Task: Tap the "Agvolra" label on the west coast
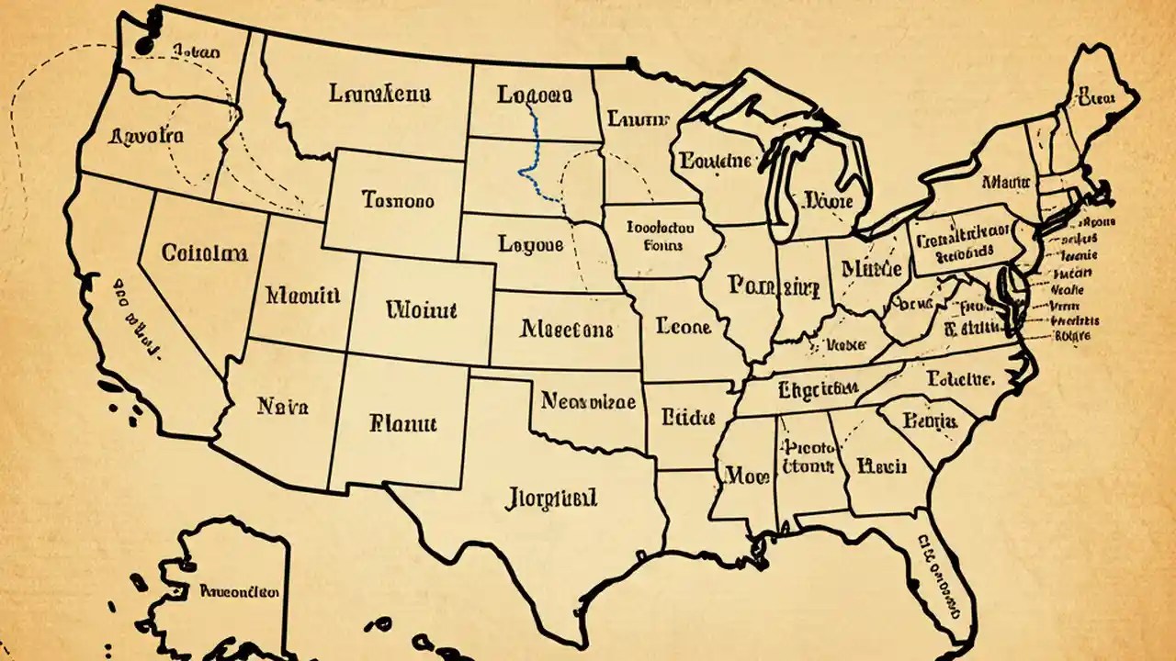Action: point(146,136)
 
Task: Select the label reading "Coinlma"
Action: point(203,252)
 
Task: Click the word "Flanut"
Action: point(402,423)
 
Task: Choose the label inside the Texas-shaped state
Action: point(551,499)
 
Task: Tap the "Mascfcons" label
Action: point(566,328)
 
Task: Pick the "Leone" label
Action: point(684,325)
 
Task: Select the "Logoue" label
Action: point(530,244)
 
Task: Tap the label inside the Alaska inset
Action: point(241,592)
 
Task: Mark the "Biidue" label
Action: point(687,419)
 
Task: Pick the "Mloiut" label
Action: point(422,309)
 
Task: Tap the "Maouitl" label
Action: point(302,296)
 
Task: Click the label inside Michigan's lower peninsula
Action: point(828,200)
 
